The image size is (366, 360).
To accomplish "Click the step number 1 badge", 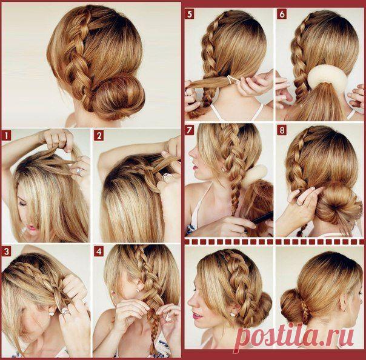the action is [x=6, y=136].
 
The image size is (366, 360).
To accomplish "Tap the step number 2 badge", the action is [x=99, y=136].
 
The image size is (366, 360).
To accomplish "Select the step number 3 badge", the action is [x=6, y=252].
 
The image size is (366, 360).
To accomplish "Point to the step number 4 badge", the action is [x=99, y=252].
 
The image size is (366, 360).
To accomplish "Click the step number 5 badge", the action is [x=190, y=14].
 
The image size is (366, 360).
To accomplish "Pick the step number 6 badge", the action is [x=282, y=14].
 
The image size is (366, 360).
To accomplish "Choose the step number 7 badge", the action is [x=190, y=130].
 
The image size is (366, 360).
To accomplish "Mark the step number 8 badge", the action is [x=282, y=130].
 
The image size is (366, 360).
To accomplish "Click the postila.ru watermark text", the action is [x=294, y=336].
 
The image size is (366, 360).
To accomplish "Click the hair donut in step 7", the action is [x=255, y=176].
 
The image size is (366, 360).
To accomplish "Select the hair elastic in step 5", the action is [x=231, y=79].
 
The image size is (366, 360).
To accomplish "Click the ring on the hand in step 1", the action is [x=79, y=172].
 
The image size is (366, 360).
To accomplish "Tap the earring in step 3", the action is [x=51, y=313].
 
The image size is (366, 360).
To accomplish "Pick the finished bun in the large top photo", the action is [x=118, y=97].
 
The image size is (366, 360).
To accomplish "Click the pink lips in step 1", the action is [x=32, y=227].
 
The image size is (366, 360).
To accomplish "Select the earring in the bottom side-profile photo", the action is [x=232, y=314].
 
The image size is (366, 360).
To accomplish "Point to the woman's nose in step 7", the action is [x=191, y=153].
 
